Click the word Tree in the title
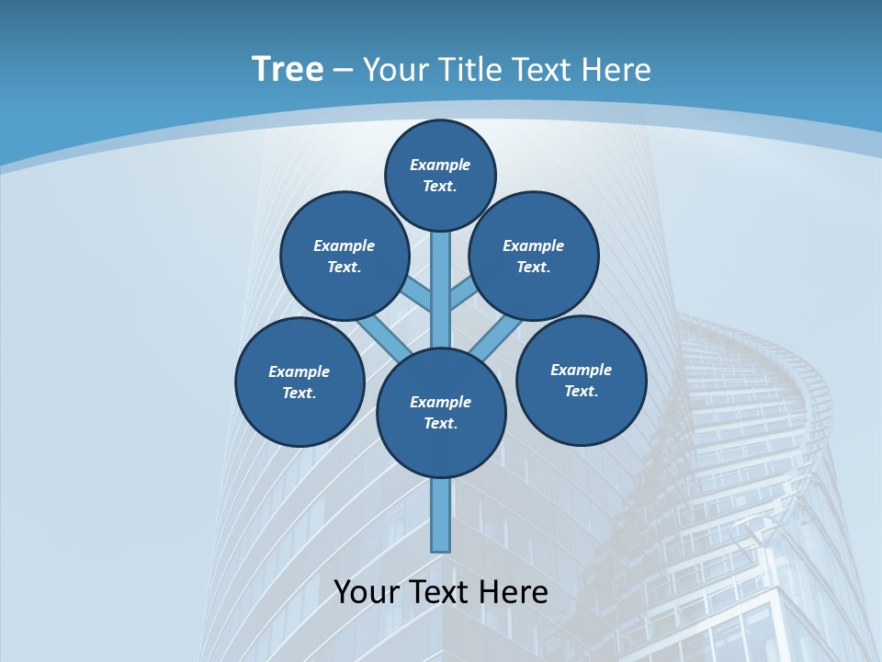(x=288, y=70)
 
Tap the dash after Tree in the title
(x=343, y=71)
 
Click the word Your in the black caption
(x=367, y=592)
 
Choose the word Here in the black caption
(x=514, y=592)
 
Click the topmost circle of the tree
(x=440, y=176)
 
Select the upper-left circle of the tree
(x=345, y=257)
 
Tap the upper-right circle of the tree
(x=534, y=257)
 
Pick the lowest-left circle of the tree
(x=300, y=382)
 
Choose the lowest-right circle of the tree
(x=582, y=381)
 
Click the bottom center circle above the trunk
(x=441, y=413)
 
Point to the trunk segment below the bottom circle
(x=441, y=515)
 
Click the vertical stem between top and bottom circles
(x=441, y=290)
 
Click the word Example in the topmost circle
(x=440, y=165)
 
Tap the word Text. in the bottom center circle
(x=440, y=424)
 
